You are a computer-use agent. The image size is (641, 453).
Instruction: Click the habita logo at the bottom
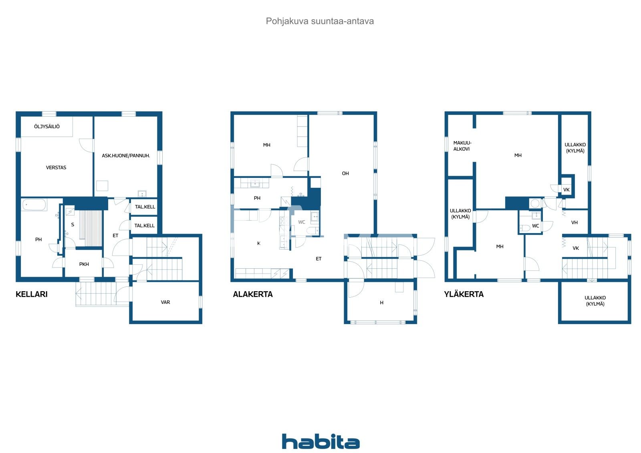[x=320, y=441]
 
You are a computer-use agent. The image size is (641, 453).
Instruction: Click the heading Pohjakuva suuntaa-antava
[x=320, y=21]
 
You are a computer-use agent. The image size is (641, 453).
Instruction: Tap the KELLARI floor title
[x=32, y=294]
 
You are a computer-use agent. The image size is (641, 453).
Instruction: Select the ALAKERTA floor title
[x=253, y=294]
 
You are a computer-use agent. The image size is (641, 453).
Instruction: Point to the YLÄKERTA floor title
[x=464, y=294]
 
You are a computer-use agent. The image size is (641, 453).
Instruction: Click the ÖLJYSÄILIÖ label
[x=47, y=127]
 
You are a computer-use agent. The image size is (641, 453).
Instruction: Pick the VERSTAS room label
[x=56, y=168]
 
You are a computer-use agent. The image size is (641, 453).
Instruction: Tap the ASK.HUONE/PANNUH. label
[x=126, y=156]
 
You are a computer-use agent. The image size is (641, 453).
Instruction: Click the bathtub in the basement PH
[x=34, y=205]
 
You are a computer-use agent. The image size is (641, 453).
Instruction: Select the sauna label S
[x=73, y=225]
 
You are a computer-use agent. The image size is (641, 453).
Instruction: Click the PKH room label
[x=84, y=264]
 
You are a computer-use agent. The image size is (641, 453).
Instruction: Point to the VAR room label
[x=165, y=302]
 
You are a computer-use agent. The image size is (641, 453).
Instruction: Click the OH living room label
[x=345, y=173]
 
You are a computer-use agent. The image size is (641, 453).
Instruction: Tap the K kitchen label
[x=259, y=244]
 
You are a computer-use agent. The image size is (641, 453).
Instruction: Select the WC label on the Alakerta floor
[x=302, y=222]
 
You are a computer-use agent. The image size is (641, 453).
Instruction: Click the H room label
[x=382, y=303]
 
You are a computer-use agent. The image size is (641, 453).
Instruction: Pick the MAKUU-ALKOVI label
[x=462, y=146]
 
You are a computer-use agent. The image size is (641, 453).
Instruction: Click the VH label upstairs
[x=574, y=223]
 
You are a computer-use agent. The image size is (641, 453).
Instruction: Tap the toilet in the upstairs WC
[x=524, y=228]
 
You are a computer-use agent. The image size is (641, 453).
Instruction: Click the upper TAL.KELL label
[x=145, y=207]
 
